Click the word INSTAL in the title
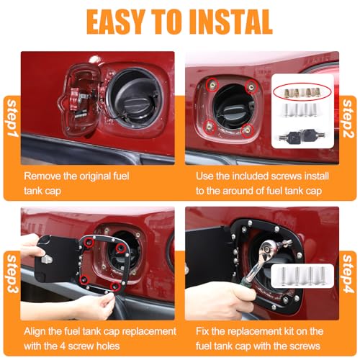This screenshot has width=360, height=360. point(231,22)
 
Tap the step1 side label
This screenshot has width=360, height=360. point(12,118)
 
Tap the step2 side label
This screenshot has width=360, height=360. point(348,119)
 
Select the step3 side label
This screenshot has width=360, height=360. point(12,274)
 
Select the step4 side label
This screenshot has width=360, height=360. point(348,274)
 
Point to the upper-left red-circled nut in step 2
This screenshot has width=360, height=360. point(212,84)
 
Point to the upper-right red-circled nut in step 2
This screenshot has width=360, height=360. point(251,87)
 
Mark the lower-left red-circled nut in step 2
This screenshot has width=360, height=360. point(210,125)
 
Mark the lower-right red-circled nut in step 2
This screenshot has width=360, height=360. point(247,131)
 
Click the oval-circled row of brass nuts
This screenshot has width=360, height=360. point(302,91)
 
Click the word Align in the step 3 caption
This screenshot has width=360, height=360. point(35,332)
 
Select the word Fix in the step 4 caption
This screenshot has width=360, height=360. point(202,331)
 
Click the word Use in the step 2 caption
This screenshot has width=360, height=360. point(204,176)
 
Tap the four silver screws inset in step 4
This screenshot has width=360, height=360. point(302,276)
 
